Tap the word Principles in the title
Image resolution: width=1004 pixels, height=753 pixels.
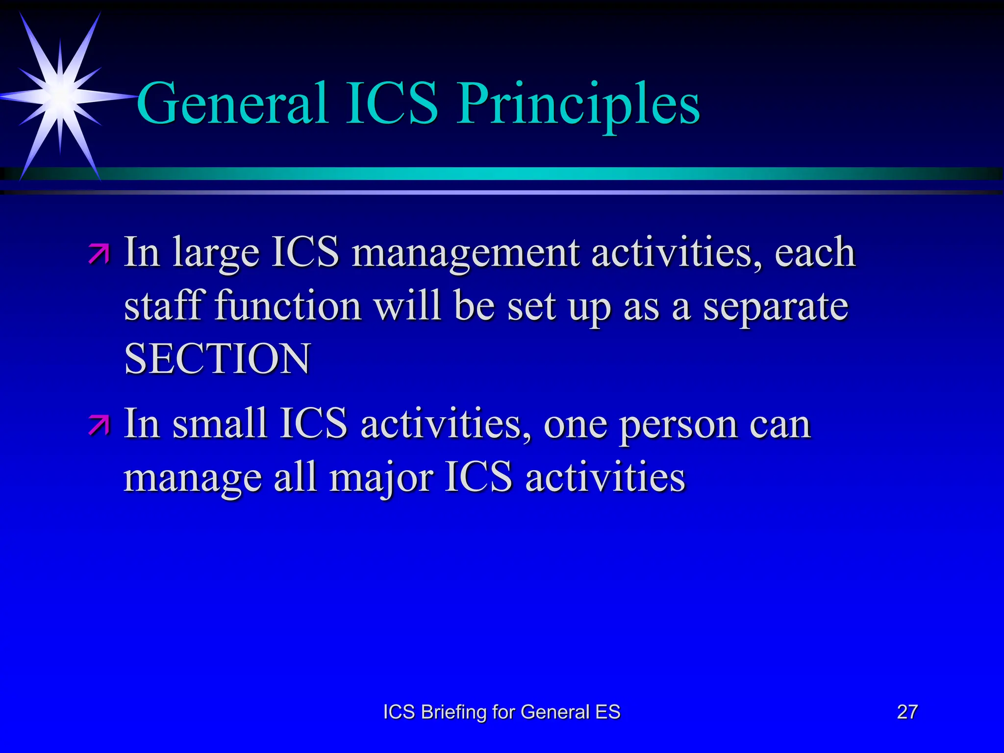click(578, 104)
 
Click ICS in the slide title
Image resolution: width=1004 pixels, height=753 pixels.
click(392, 104)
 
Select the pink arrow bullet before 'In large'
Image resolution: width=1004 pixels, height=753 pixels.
click(99, 254)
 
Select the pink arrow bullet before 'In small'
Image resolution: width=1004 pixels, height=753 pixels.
click(99, 425)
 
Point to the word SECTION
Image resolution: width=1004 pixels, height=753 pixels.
click(217, 359)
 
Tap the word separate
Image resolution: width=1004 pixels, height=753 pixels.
click(776, 306)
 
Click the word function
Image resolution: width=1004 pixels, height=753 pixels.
click(288, 306)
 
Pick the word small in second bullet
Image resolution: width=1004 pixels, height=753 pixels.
click(219, 424)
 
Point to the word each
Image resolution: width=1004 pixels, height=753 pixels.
click(815, 253)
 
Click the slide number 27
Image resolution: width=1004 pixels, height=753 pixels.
click(907, 712)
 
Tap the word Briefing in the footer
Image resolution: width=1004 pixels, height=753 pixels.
click(454, 712)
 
